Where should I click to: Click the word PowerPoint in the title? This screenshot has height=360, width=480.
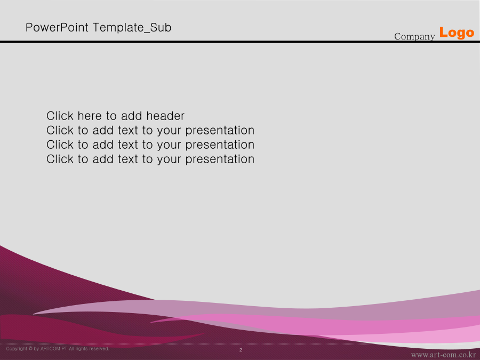click(x=57, y=28)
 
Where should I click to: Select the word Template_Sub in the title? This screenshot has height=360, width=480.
click(x=132, y=28)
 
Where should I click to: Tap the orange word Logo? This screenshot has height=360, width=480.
click(x=457, y=33)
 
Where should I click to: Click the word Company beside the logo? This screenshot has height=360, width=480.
click(x=414, y=36)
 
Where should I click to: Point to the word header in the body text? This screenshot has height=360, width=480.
click(x=165, y=116)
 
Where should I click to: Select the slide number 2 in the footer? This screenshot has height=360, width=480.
click(x=241, y=349)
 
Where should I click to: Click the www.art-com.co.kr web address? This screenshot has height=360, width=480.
click(x=443, y=355)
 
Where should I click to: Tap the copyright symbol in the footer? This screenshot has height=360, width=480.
click(x=30, y=349)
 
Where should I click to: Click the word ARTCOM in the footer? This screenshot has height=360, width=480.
click(x=51, y=349)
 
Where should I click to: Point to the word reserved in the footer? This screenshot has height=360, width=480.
click(x=99, y=349)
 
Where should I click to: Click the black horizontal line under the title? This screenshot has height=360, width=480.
click(x=240, y=42)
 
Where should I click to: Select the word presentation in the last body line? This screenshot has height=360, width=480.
click(x=220, y=159)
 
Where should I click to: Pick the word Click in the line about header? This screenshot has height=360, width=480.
click(x=60, y=116)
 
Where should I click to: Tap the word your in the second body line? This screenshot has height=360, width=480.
click(x=169, y=131)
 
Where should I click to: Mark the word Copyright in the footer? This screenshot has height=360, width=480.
click(x=17, y=349)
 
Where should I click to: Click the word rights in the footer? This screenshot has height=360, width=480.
click(x=82, y=349)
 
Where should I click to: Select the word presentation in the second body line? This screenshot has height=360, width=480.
click(x=220, y=131)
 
